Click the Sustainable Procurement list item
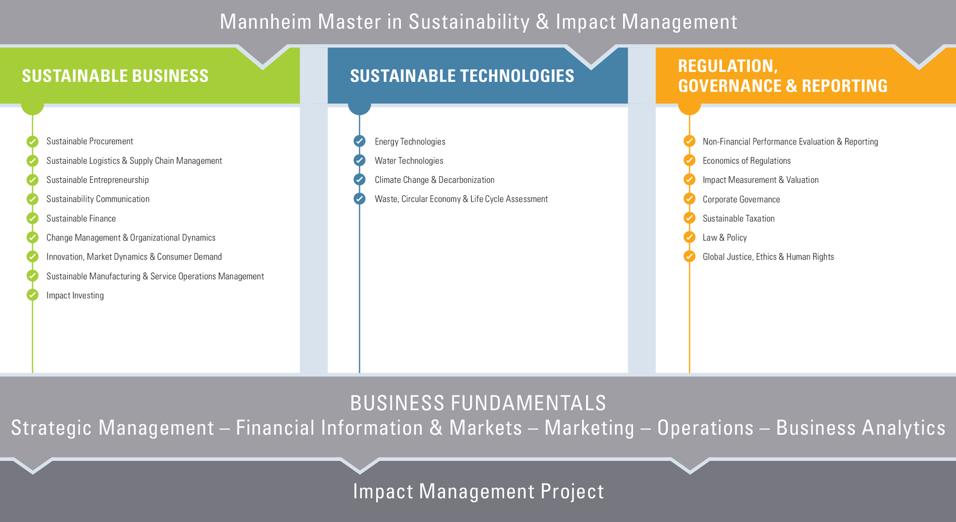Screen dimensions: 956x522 tap(89, 141)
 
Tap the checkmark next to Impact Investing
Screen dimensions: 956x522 tap(32, 295)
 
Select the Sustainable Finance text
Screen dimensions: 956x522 tap(81, 218)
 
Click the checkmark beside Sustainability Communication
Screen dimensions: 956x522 tap(32, 199)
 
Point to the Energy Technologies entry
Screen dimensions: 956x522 tap(410, 142)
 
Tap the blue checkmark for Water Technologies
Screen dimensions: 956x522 tap(360, 160)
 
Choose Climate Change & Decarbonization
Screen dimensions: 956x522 tap(434, 180)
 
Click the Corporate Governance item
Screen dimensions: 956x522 tap(741, 199)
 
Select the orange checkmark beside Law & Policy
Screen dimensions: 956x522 tap(690, 237)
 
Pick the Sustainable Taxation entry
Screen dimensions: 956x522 tap(739, 218)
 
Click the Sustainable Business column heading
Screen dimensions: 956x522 tap(115, 76)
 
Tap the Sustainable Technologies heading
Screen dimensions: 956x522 tap(462, 76)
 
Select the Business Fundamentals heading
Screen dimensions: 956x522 tap(478, 403)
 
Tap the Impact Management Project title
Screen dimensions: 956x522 tap(478, 491)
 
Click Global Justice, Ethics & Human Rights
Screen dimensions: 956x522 tap(768, 257)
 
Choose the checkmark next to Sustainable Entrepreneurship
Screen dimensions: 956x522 tap(32, 180)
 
